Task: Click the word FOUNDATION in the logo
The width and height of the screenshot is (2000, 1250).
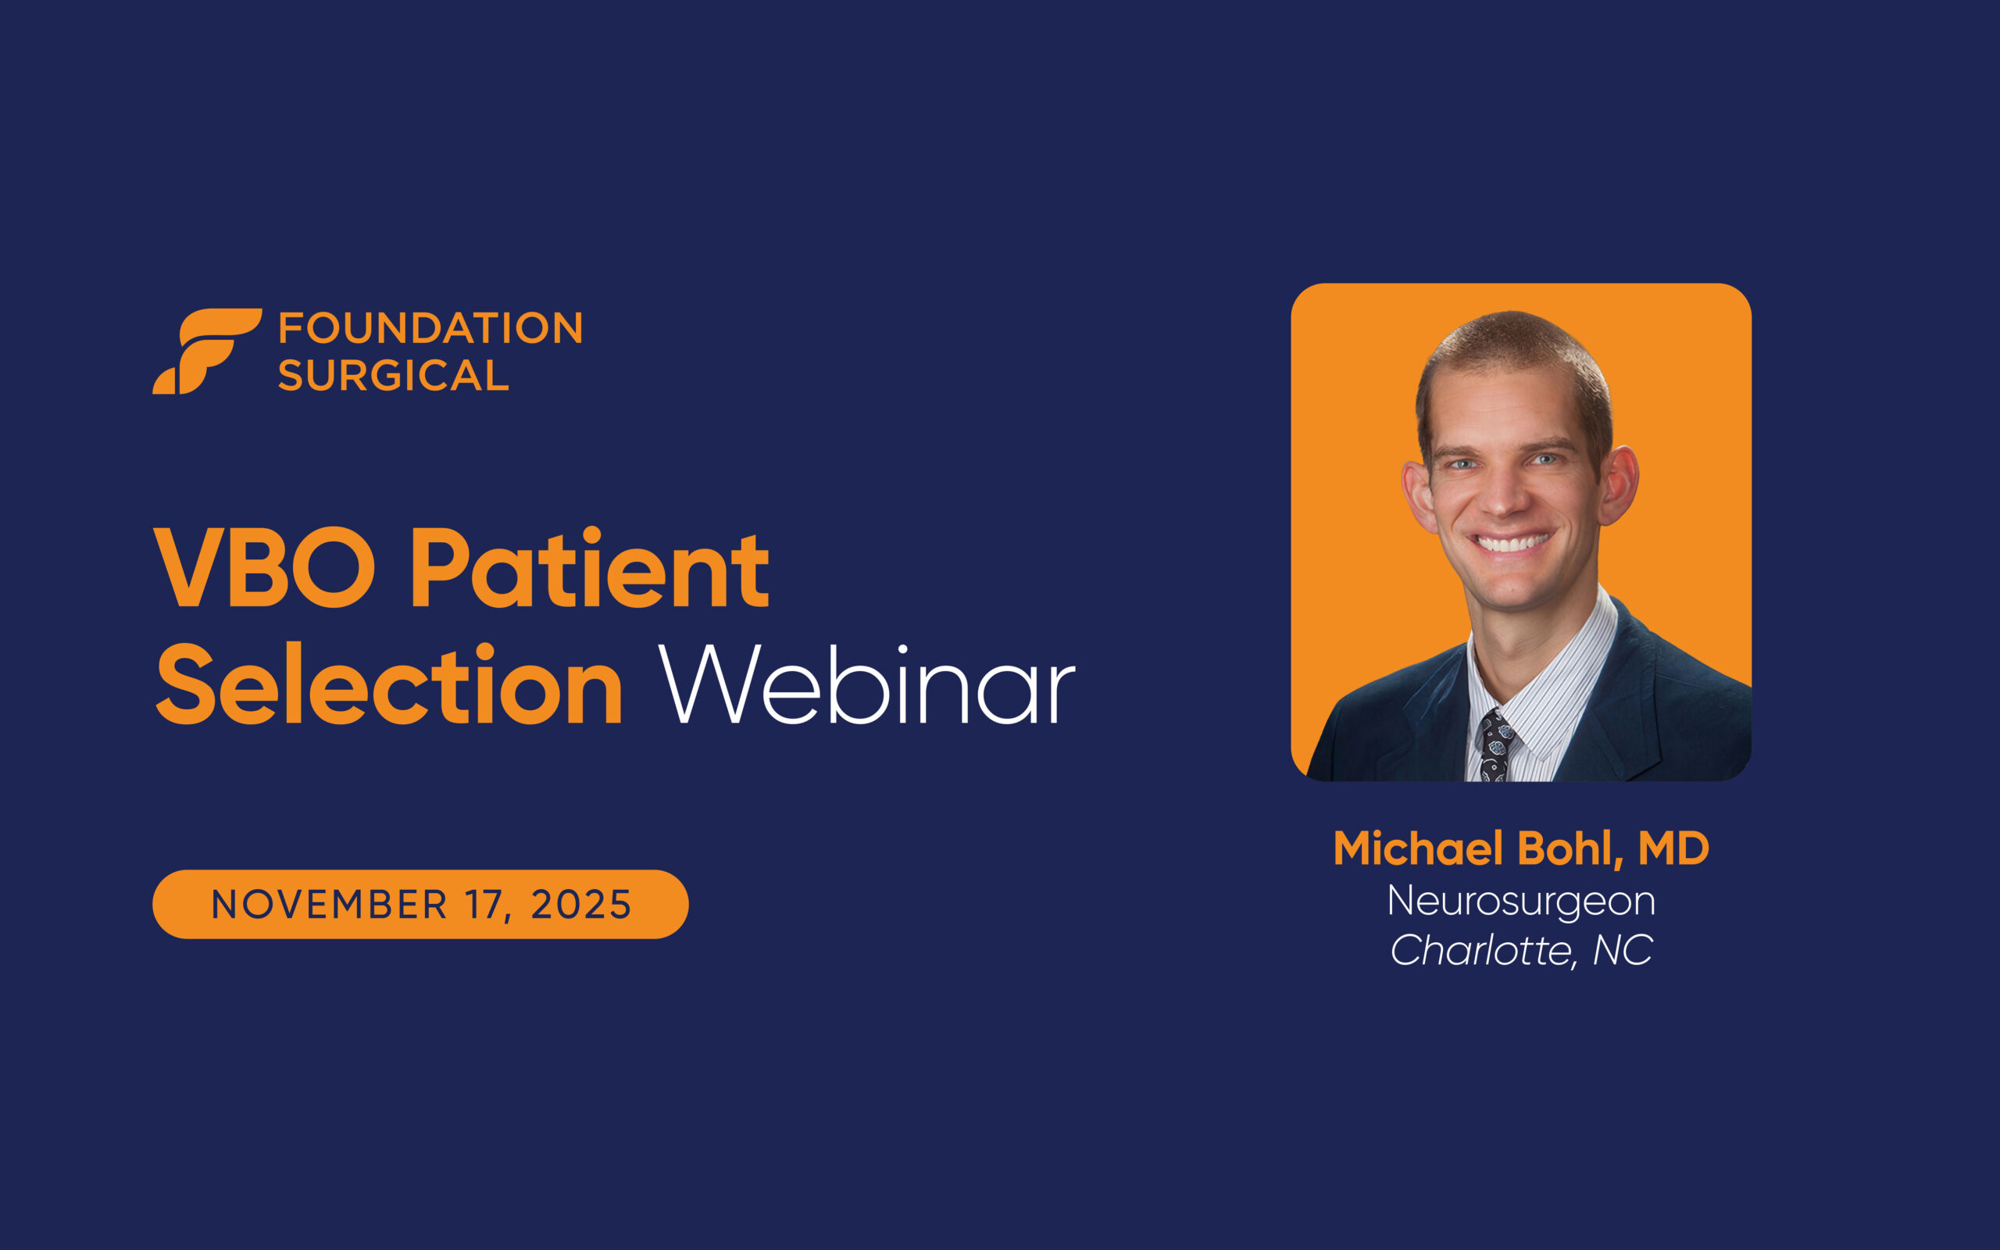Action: (430, 328)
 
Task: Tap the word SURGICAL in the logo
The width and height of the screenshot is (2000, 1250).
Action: (394, 375)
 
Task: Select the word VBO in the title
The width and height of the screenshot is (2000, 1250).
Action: (266, 569)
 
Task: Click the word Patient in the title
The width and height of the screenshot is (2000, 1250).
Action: (590, 569)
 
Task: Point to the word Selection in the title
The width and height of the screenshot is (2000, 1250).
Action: (388, 685)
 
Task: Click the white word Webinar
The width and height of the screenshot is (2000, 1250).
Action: (866, 685)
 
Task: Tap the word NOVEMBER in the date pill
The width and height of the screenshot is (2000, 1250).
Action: (329, 905)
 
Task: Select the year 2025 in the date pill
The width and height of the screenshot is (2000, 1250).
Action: (581, 905)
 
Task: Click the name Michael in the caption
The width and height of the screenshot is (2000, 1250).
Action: (1418, 848)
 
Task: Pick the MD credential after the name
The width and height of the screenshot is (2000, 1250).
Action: (1673, 848)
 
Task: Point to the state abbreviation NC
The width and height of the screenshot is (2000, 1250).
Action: (1623, 950)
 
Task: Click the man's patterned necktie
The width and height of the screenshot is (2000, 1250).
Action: (1495, 745)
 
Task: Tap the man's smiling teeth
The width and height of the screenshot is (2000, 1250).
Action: (1512, 543)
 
